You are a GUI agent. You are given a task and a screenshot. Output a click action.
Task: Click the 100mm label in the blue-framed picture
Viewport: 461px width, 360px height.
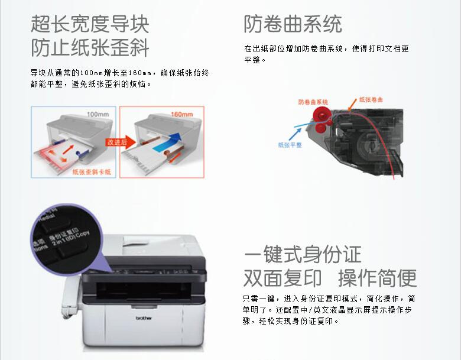click(x=98, y=113)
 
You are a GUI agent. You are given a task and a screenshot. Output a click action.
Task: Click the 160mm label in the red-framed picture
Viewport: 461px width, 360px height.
click(x=181, y=113)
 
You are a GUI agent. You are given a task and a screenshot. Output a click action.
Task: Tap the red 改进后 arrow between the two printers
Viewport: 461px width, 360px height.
click(x=116, y=142)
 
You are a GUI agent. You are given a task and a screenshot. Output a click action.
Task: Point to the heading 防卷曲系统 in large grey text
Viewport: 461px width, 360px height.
click(x=293, y=24)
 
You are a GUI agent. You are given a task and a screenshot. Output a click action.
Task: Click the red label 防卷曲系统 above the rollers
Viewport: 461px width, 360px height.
click(x=313, y=102)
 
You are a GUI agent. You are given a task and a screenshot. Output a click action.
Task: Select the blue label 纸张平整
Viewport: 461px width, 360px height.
click(x=290, y=144)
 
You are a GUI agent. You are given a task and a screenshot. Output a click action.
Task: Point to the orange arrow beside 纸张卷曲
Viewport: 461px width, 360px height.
click(x=353, y=106)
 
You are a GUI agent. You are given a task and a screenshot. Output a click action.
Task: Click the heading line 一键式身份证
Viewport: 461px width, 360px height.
click(x=302, y=255)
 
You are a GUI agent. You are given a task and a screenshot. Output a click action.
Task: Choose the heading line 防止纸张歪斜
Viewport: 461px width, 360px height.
click(x=90, y=47)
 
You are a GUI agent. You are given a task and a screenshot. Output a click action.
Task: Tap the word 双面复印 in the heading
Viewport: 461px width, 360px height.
click(x=283, y=278)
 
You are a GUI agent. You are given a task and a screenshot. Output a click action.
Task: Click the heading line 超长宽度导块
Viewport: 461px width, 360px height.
click(x=90, y=24)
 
